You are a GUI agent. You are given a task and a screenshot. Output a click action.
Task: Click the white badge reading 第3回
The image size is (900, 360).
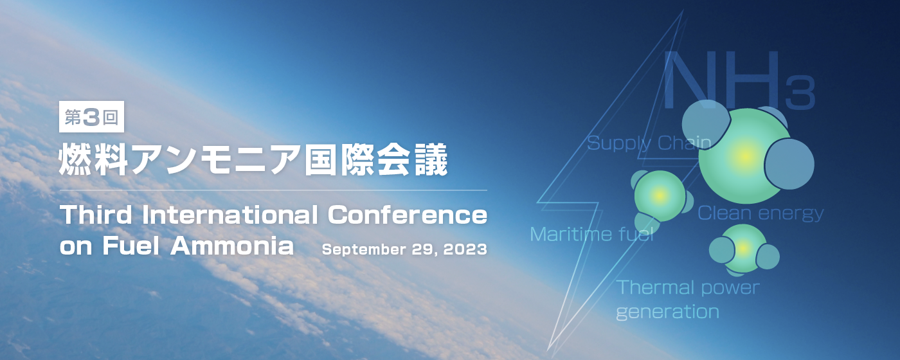click(91, 116)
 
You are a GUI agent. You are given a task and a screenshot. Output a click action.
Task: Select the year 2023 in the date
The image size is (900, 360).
click(465, 249)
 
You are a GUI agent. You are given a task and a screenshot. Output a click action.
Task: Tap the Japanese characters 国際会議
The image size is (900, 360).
click(376, 159)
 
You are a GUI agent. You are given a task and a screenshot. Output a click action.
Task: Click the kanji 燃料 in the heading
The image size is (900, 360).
click(93, 159)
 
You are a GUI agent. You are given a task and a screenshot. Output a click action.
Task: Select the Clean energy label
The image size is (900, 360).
click(760, 213)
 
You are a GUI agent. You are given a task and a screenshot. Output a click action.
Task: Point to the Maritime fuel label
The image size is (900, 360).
click(592, 234)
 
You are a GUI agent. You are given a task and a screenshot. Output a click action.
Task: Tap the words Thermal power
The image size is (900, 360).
click(688, 288)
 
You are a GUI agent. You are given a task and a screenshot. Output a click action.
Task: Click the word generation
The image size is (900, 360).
click(667, 312)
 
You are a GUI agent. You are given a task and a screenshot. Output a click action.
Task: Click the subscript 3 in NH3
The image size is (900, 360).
click(800, 93)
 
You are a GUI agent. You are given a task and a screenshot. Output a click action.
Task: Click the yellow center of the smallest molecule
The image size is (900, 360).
click(743, 248)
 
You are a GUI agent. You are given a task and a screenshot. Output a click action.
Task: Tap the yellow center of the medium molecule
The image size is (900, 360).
click(660, 195)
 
